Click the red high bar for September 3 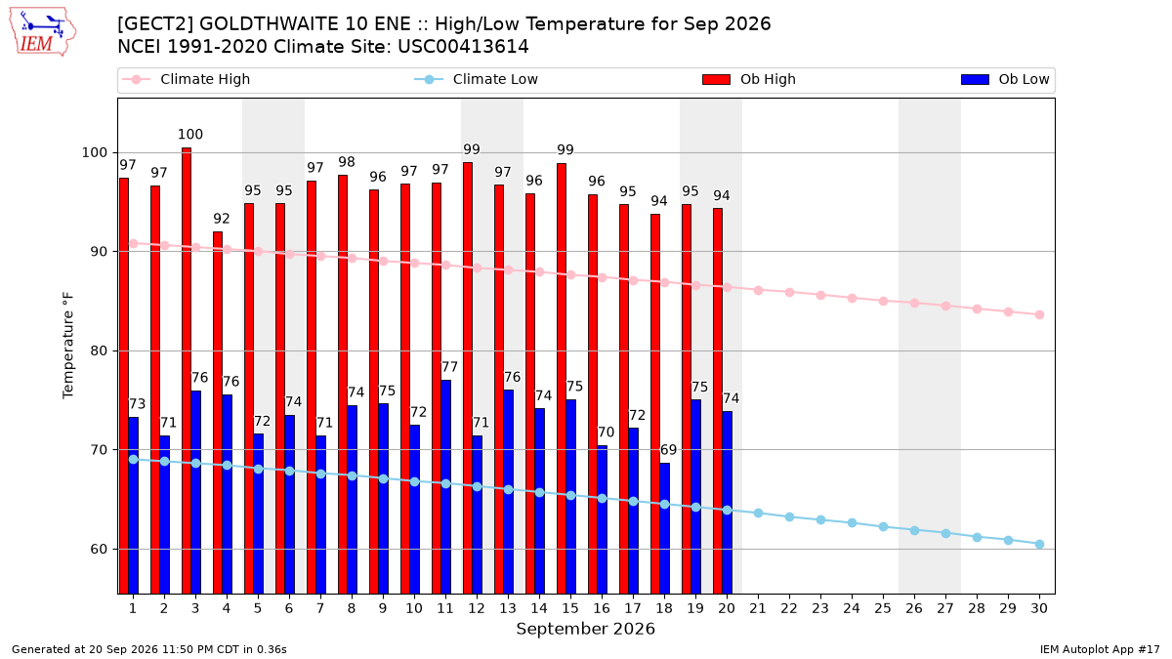(187, 371)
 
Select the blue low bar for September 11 (445, 487)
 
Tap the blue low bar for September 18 (664, 528)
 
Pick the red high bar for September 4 (218, 413)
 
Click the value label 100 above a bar (189, 135)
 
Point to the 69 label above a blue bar (668, 450)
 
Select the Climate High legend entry (186, 79)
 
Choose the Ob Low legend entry (1005, 79)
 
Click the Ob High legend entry (749, 79)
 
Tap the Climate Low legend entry (476, 79)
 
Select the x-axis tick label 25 (883, 608)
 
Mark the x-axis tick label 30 (1039, 608)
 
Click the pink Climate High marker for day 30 (1039, 314)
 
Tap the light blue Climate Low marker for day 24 (852, 522)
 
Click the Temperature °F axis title (68, 346)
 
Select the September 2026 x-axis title (585, 629)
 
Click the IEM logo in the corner (42, 32)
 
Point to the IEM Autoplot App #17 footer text (1100, 649)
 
